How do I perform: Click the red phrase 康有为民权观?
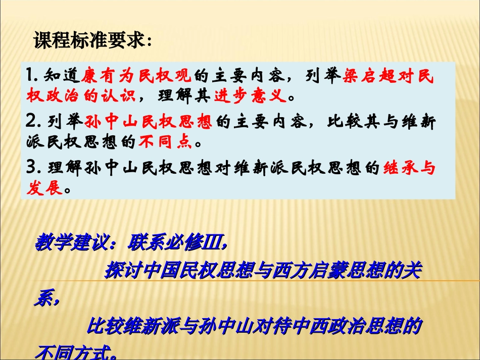[x=136, y=75]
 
